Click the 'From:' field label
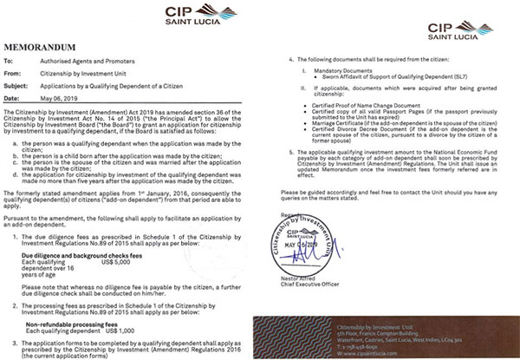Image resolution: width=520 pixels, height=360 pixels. coord(12,73)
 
